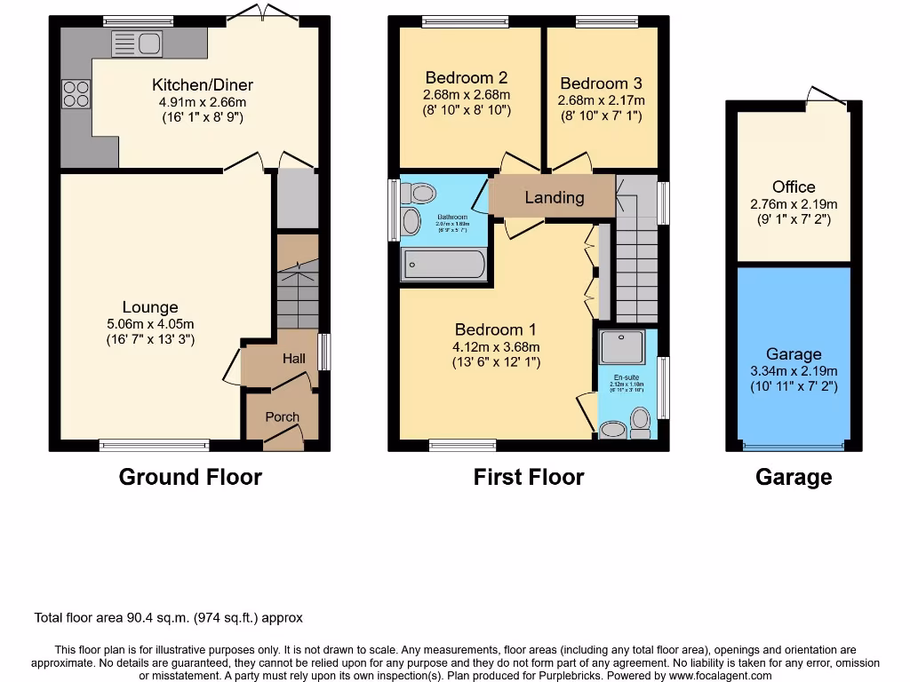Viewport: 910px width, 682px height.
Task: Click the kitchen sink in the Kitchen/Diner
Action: pos(136,43)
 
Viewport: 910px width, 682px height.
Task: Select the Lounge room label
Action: pos(150,308)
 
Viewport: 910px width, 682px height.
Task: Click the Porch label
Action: pos(283,416)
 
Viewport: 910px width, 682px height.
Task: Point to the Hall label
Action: pos(293,359)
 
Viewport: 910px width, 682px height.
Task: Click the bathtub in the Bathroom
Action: pos(443,265)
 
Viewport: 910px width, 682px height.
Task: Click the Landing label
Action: pos(555,197)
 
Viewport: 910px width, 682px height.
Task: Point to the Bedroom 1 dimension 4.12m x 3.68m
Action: pos(497,347)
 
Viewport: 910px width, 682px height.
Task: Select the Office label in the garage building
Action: pos(794,186)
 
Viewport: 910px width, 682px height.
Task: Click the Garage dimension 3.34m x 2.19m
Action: pos(794,371)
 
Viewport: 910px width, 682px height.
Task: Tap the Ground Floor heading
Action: pos(190,477)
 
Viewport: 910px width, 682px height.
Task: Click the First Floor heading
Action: pos(529,477)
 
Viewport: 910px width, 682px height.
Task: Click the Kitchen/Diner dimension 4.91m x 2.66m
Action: pos(203,102)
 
